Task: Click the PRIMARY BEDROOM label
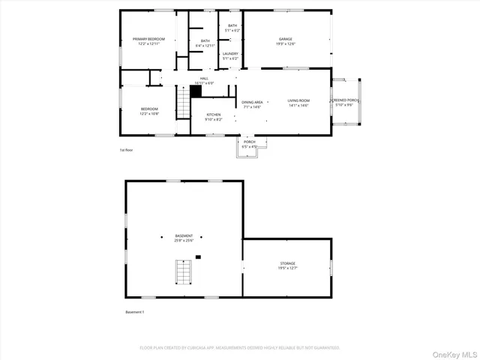pyautogui.click(x=149, y=38)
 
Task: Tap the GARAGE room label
pyautogui.click(x=286, y=38)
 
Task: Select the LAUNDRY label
pyautogui.click(x=230, y=53)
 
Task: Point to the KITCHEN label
pyautogui.click(x=214, y=114)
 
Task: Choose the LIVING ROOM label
pyautogui.click(x=298, y=100)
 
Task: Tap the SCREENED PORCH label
pyautogui.click(x=346, y=100)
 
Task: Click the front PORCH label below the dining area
pyautogui.click(x=249, y=142)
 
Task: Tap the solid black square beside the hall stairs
pyautogui.click(x=196, y=91)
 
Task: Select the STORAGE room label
pyautogui.click(x=288, y=263)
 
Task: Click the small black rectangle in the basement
pyautogui.click(x=198, y=257)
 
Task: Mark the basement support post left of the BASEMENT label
pyautogui.click(x=160, y=237)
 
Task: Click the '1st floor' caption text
pyautogui.click(x=127, y=150)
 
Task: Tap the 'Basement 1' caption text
pyautogui.click(x=134, y=311)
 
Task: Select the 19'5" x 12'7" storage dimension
pyautogui.click(x=288, y=268)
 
